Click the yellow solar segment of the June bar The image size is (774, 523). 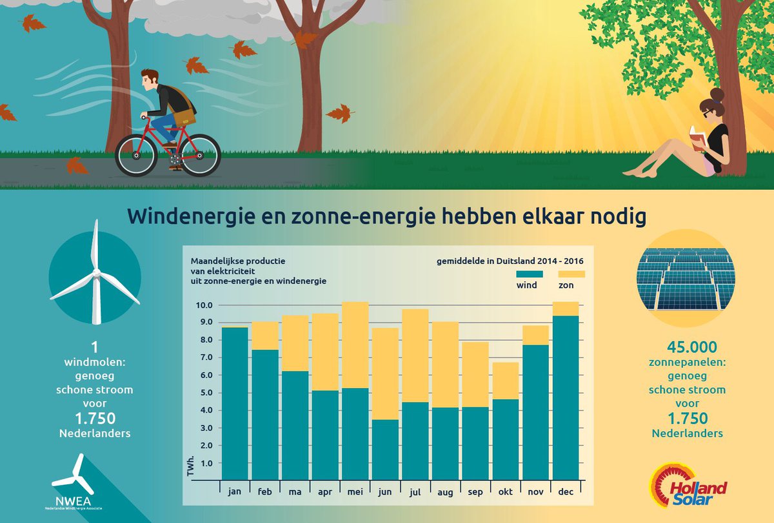click(385, 374)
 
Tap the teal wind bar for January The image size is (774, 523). click(235, 404)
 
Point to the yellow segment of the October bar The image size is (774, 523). click(506, 381)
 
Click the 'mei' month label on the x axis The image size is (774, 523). click(354, 491)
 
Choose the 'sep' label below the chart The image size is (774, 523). click(475, 491)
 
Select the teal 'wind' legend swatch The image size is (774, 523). click(530, 273)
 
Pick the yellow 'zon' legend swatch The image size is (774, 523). click(571, 273)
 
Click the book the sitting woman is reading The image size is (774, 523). click(697, 138)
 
